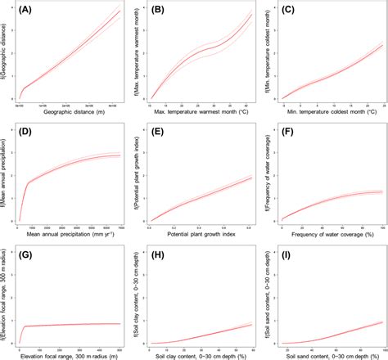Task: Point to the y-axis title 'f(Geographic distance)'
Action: pos(6,54)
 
